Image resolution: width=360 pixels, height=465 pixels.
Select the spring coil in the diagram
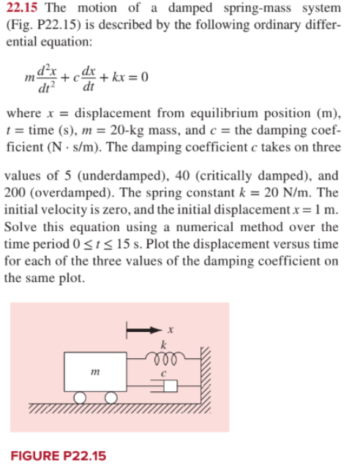165,358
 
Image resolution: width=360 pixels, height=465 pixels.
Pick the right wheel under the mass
111,398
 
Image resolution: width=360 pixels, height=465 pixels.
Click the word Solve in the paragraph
19,238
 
